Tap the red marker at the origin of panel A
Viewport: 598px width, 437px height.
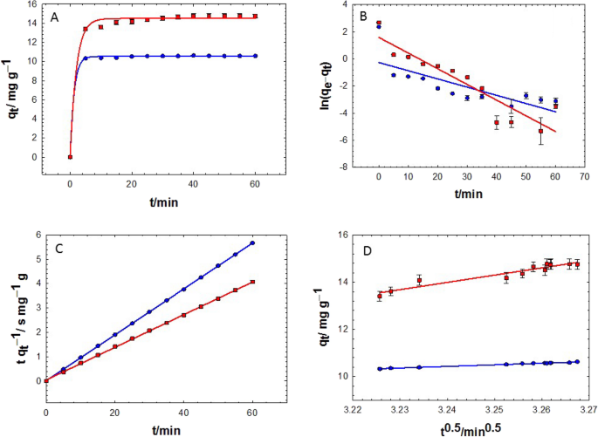(x=70, y=157)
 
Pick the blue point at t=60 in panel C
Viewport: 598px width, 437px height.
(x=252, y=243)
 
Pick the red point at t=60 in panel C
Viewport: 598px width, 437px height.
(x=252, y=282)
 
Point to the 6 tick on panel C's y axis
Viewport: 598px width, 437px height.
(x=36, y=235)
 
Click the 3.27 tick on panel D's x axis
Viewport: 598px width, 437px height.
(x=584, y=407)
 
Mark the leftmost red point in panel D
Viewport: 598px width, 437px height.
(x=380, y=296)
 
